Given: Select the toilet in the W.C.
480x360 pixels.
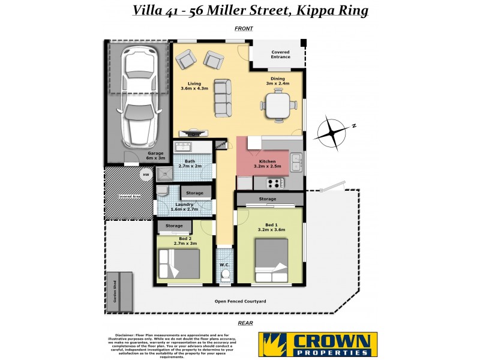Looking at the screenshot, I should click(226, 275).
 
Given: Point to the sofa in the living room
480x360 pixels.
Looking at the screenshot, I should click(223, 98).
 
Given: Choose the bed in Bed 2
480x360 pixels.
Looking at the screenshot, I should click(179, 263).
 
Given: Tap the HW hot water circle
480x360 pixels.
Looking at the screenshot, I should click(145, 175).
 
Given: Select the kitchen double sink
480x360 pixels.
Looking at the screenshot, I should click(296, 162).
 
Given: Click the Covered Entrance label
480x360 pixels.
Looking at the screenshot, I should click(280, 55).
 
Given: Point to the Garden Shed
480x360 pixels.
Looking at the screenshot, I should click(119, 292).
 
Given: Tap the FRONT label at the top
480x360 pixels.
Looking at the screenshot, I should click(244, 29).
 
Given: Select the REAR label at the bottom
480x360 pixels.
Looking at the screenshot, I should click(245, 323).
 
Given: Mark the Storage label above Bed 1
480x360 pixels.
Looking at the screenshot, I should click(268, 199).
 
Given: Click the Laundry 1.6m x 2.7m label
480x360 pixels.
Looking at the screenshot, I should click(184, 207).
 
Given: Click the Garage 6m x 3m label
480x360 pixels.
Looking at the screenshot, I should click(155, 156).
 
